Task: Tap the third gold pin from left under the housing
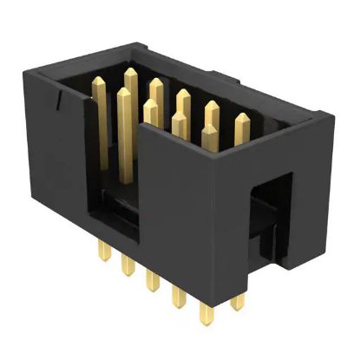[x=152, y=281]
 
